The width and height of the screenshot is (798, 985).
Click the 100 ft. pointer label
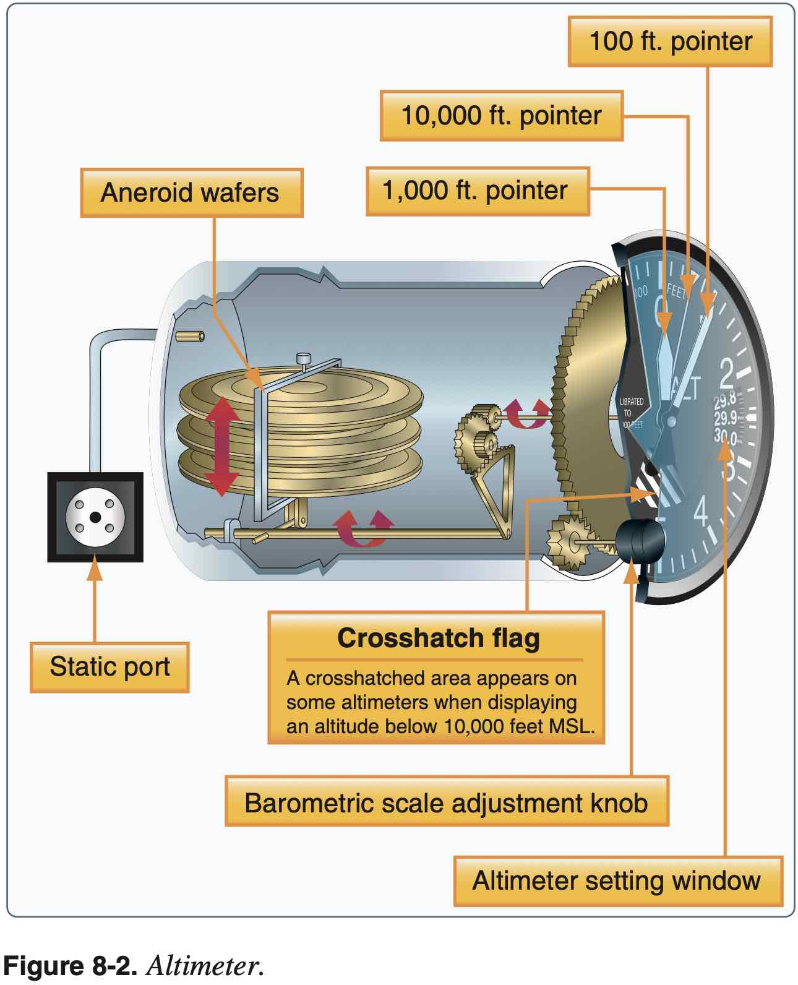(x=670, y=41)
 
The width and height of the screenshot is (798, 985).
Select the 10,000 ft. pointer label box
(x=501, y=116)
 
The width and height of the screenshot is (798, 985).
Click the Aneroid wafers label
(x=190, y=192)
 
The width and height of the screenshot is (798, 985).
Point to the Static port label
(x=109, y=667)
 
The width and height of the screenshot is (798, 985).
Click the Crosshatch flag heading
(x=438, y=638)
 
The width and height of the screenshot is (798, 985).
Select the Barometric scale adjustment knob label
(x=446, y=803)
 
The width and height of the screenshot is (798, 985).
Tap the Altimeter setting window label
(x=616, y=880)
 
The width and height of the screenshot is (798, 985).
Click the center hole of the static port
(x=95, y=517)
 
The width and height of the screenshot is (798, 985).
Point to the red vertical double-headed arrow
(x=221, y=447)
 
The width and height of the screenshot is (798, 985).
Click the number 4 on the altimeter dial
(x=701, y=511)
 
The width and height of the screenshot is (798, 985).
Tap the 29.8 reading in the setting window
(x=725, y=402)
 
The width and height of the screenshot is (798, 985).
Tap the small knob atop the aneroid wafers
(x=304, y=358)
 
